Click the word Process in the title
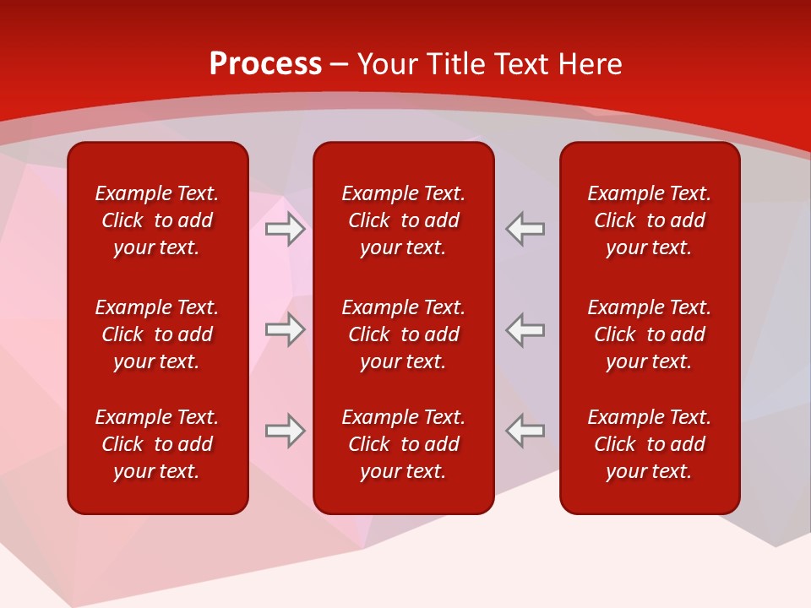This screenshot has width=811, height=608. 265,64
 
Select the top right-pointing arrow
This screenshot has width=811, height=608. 285,229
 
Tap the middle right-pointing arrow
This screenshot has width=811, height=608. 285,329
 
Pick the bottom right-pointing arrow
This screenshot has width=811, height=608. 285,431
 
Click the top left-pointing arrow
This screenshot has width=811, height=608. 525,229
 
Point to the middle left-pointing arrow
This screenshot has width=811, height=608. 525,329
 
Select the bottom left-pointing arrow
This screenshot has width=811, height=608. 525,431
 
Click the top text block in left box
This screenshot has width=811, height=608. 157,220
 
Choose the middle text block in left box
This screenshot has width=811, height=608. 157,334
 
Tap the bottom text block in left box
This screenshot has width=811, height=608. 157,444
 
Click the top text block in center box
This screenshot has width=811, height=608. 403,220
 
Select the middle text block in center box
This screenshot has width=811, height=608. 403,334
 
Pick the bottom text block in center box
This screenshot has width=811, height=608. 403,444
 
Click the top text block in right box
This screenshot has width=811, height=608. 649,220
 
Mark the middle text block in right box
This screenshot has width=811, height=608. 649,334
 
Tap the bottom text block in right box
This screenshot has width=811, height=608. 649,444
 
